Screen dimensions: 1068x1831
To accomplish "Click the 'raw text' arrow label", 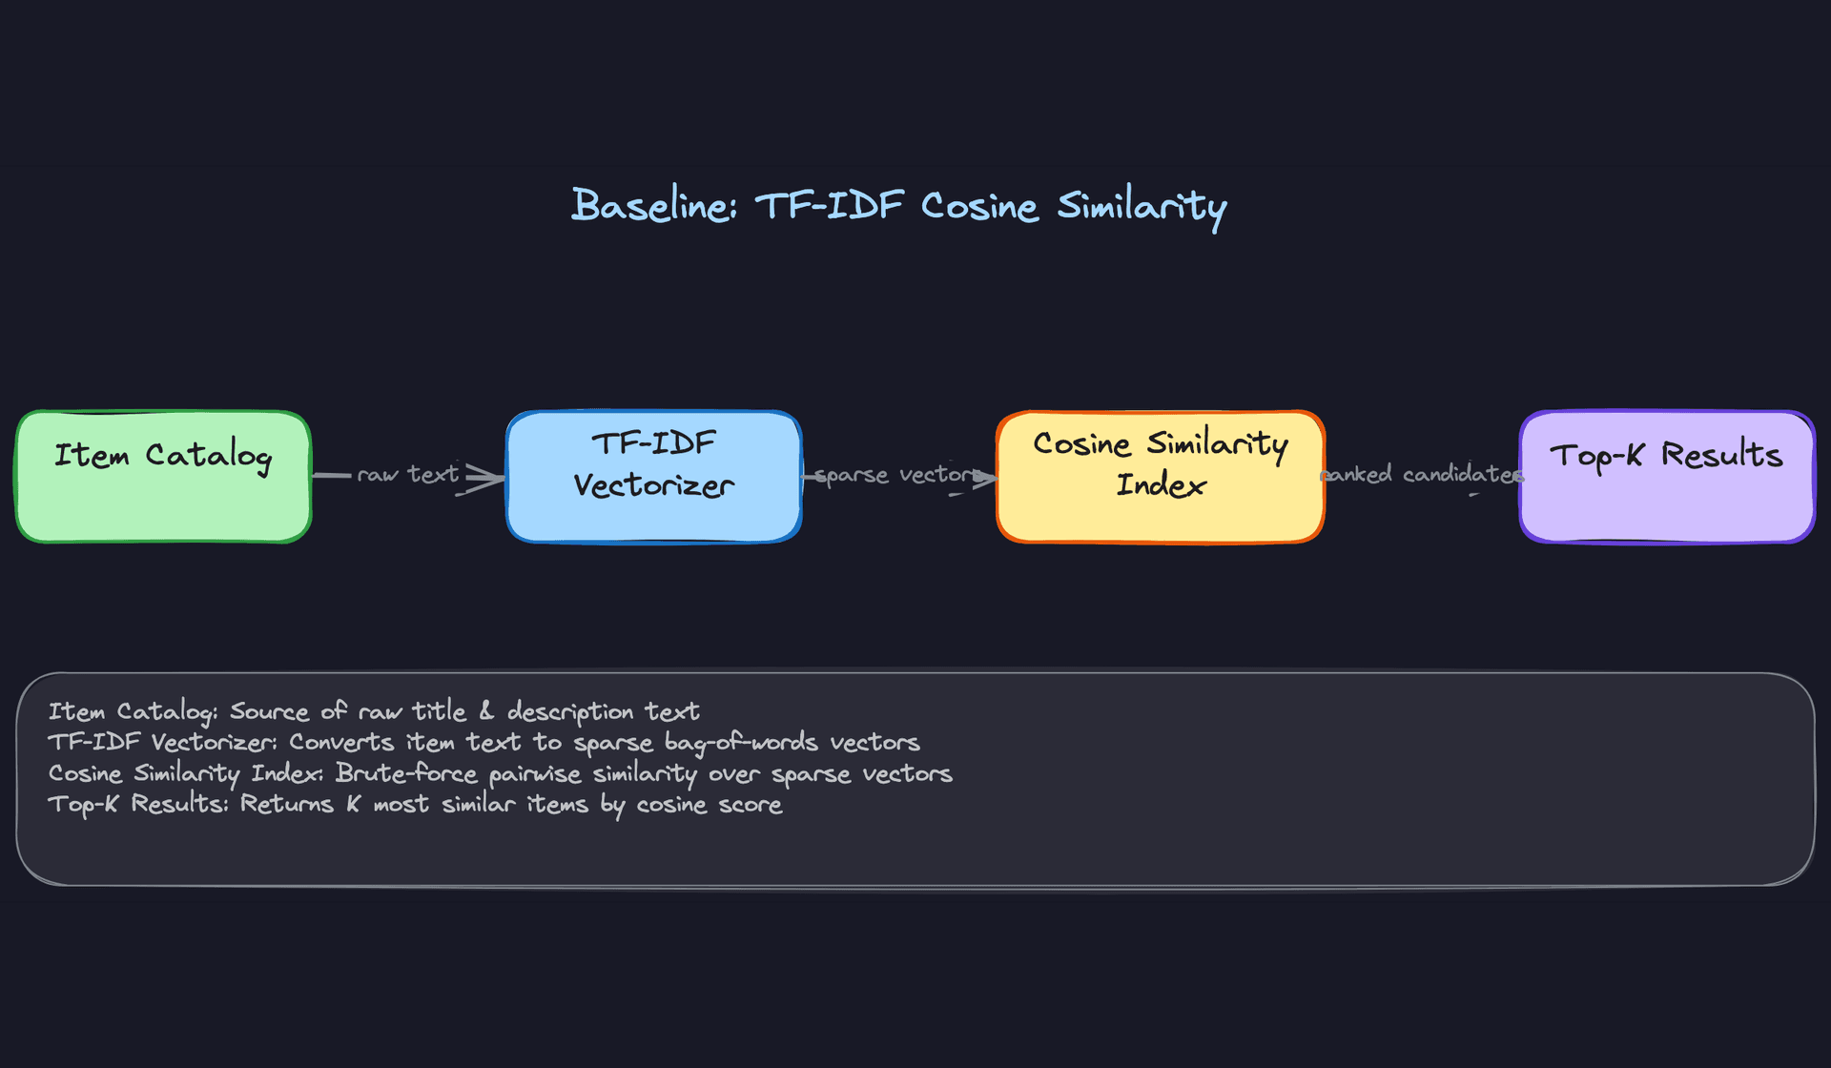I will pos(408,474).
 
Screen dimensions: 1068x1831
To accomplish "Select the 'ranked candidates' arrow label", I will pos(1421,474).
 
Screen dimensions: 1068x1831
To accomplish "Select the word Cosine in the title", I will pos(978,206).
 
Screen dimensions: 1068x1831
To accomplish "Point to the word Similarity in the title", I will pos(1141,206).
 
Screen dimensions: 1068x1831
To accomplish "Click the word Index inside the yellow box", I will pos(1161,485).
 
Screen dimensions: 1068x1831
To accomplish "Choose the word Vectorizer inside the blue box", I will pos(653,486).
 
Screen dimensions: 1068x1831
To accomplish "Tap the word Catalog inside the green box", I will pos(209,456).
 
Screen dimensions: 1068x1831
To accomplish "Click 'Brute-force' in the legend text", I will pos(405,773).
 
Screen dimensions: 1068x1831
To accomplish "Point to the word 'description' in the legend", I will pos(570,712).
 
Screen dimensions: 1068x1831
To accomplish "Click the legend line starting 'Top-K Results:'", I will pos(415,805).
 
